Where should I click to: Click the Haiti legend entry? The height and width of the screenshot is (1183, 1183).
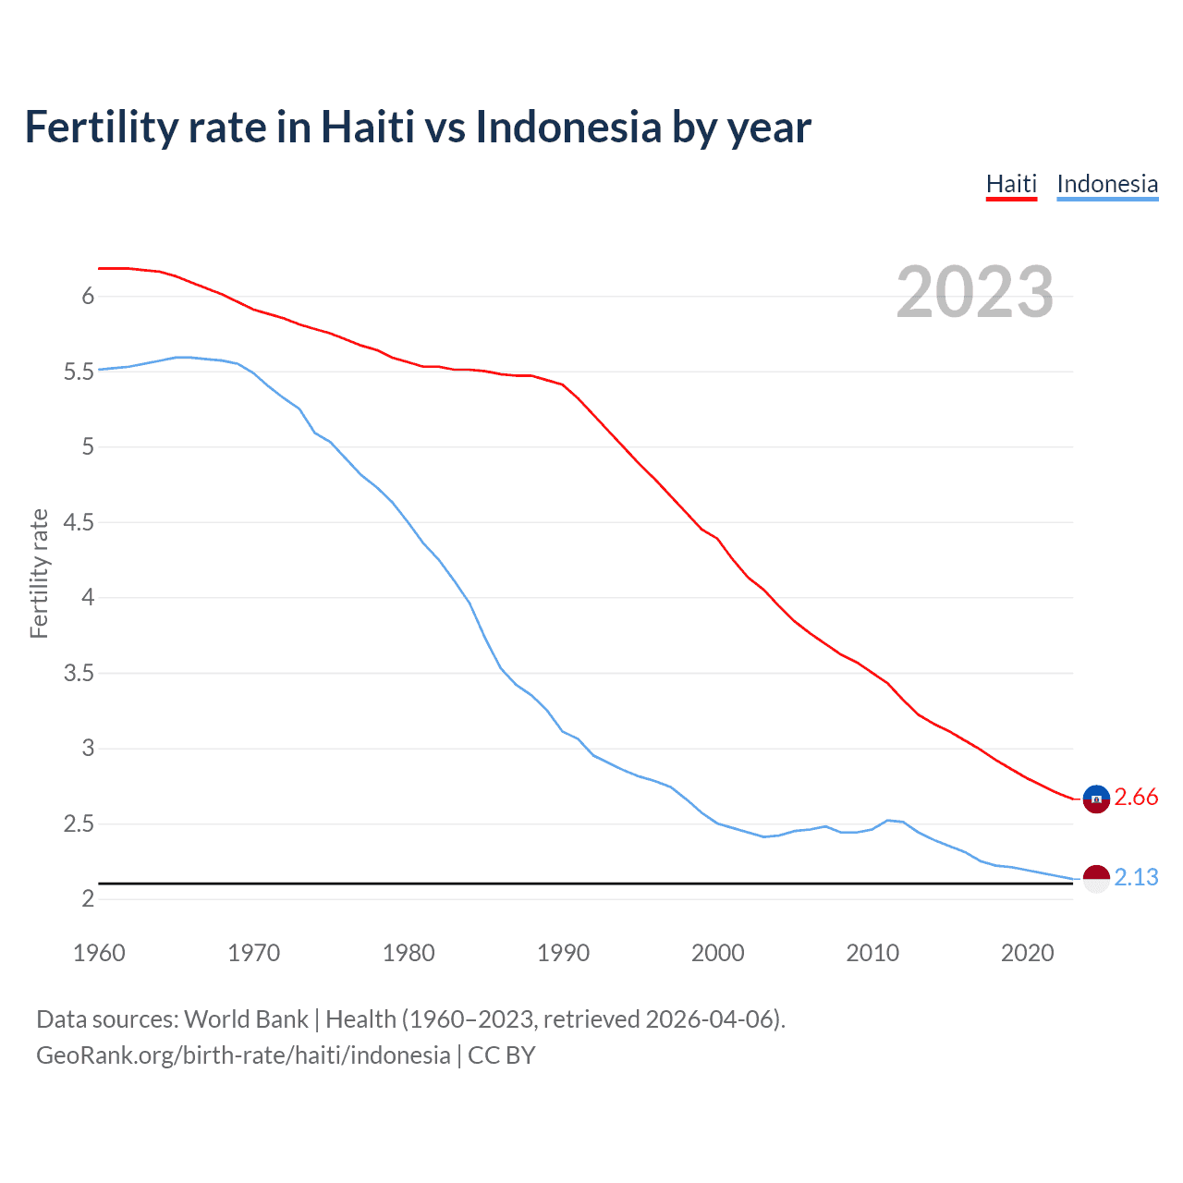[x=1011, y=184]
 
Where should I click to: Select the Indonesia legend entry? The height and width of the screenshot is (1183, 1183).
[x=1106, y=184]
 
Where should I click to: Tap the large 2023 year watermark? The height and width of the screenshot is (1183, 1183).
[x=974, y=292]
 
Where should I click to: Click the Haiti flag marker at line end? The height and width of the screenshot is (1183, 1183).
[x=1095, y=798]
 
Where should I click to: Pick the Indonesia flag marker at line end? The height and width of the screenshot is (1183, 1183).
[x=1095, y=878]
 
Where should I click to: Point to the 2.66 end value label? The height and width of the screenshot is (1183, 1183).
[x=1136, y=798]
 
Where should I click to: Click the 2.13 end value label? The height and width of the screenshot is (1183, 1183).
[x=1136, y=878]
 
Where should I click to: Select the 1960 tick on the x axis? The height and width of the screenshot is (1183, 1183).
[x=99, y=953]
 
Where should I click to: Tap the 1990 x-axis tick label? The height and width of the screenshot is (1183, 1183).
[x=563, y=953]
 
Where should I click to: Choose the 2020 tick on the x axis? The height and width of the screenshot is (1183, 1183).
[x=1027, y=953]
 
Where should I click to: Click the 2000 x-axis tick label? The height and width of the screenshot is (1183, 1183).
[x=717, y=953]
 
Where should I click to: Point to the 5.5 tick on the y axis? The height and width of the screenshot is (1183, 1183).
[x=79, y=372]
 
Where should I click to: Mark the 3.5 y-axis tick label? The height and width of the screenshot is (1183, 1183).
[x=79, y=674]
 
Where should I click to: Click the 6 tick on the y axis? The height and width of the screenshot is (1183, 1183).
[x=88, y=297]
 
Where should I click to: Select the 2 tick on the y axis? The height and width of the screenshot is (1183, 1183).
[x=88, y=899]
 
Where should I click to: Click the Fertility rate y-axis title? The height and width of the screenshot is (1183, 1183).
[x=39, y=573]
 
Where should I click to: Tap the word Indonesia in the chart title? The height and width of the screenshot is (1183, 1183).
[x=568, y=127]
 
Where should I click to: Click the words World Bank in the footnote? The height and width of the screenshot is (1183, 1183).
[x=246, y=1019]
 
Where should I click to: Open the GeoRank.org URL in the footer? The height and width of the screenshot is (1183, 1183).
[x=243, y=1055]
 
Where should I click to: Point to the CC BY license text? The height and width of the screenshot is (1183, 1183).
[x=502, y=1055]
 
